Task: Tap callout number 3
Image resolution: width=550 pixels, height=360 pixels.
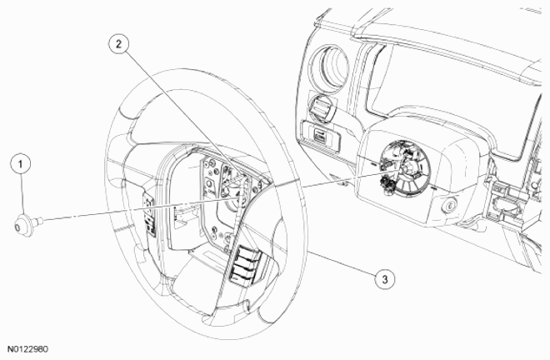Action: (383, 279)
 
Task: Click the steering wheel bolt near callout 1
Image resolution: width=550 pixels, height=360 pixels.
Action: (26, 222)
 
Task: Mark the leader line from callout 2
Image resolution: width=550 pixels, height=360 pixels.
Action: (175, 108)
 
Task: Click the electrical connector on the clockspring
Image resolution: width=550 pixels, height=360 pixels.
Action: (385, 182)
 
